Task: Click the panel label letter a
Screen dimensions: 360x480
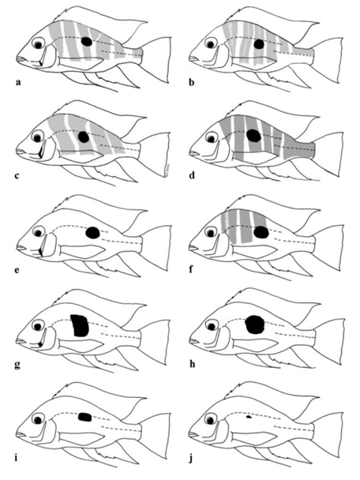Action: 18,82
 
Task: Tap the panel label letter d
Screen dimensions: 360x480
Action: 192,175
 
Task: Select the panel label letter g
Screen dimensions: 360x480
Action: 17,365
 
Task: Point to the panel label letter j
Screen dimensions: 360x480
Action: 191,459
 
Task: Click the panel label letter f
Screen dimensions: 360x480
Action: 191,270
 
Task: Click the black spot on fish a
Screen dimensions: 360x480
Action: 87,42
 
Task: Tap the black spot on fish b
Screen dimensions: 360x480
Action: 259,44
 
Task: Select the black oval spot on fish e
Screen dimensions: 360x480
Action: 92,233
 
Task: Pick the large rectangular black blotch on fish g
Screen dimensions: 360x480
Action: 80,325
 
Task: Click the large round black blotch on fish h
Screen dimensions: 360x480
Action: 255,324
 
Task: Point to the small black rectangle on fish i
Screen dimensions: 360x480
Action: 85,417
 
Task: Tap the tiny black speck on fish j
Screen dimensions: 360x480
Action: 249,417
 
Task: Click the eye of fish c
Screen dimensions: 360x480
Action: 38,137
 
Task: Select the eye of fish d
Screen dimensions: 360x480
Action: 211,137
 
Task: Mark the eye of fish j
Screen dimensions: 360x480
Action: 211,419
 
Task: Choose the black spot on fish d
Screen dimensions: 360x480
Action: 253,136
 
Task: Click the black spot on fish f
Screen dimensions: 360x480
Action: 261,232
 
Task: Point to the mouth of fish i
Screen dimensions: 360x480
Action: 21,435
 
